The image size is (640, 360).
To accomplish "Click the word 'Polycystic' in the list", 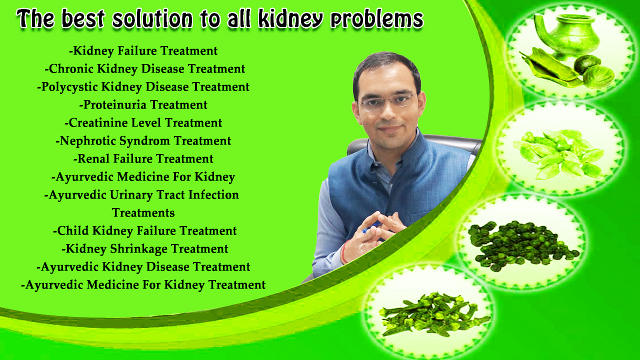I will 69,87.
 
